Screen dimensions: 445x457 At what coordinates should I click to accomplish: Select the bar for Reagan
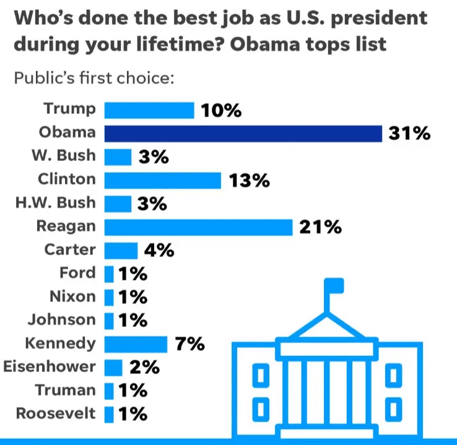198,227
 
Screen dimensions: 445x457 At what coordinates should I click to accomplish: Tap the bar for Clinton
162,180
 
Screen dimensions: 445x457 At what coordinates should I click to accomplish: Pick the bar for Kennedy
136,344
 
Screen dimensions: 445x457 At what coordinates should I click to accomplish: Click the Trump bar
149,110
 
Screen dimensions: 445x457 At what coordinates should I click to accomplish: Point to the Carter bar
120,251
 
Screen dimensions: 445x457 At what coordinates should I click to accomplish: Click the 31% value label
409,134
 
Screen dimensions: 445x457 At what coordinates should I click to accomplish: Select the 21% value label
320,227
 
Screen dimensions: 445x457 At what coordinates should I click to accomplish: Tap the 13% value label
249,180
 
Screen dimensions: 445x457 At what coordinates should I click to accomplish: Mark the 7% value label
189,344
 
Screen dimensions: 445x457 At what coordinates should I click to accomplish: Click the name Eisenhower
50,366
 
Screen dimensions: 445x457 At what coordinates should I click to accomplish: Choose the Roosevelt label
56,413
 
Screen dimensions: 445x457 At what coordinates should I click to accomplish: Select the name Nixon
72,297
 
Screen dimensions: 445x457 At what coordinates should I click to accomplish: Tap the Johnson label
62,320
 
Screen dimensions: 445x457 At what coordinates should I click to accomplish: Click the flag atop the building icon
334,286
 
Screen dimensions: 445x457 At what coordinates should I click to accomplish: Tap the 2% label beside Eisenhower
144,367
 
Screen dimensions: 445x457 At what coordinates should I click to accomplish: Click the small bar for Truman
109,391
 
